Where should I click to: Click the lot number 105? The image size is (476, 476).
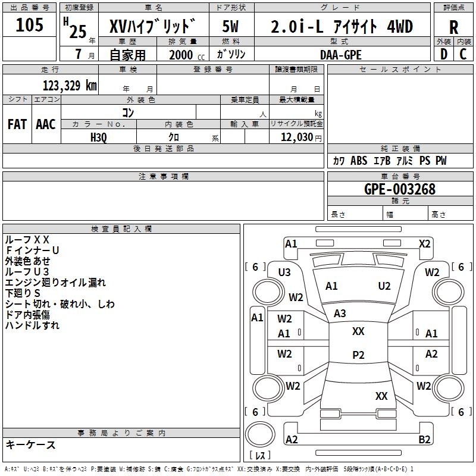click(x=30, y=25)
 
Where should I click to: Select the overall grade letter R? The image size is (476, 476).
click(x=453, y=27)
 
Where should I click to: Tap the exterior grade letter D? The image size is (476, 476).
click(x=443, y=54)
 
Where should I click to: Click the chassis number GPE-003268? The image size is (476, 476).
click(x=400, y=190)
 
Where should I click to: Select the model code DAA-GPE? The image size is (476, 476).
click(x=341, y=54)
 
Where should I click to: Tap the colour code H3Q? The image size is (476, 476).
click(x=99, y=137)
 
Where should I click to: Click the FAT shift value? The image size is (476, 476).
click(x=17, y=124)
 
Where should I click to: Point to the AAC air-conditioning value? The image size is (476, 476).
click(x=46, y=124)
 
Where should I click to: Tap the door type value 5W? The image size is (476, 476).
click(x=231, y=27)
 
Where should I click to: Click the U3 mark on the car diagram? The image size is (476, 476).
click(x=284, y=273)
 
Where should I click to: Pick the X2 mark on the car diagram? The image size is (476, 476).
click(x=424, y=243)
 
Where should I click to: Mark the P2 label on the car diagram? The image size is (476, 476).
click(x=358, y=355)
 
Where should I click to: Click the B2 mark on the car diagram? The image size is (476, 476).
click(x=424, y=440)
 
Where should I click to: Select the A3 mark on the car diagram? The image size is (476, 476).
click(x=340, y=314)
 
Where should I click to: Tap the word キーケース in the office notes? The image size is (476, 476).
click(x=31, y=445)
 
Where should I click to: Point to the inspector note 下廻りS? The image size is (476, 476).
click(x=23, y=293)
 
